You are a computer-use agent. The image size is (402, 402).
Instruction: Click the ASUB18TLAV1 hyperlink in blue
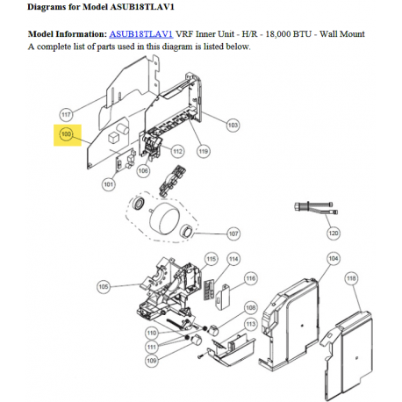click(x=141, y=34)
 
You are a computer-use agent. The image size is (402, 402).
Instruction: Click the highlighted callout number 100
click(x=66, y=134)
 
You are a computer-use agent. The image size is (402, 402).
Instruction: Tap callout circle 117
click(x=66, y=114)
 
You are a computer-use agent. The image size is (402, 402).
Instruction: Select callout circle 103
click(x=233, y=126)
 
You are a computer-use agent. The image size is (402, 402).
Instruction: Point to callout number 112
click(x=177, y=151)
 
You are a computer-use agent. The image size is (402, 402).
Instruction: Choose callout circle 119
click(x=204, y=151)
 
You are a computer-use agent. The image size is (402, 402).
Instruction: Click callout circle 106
click(x=143, y=170)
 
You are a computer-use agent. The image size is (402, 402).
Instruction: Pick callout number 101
click(x=109, y=184)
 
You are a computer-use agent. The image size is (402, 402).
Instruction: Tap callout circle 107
click(x=233, y=233)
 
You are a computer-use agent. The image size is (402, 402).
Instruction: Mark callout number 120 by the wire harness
click(x=334, y=233)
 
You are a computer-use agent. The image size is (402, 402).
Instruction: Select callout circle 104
click(x=334, y=259)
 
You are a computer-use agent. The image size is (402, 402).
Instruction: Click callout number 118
click(x=351, y=278)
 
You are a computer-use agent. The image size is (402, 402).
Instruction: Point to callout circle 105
click(x=104, y=287)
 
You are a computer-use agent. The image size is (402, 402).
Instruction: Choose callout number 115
click(x=212, y=259)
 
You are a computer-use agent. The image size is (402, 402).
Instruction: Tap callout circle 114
click(x=233, y=259)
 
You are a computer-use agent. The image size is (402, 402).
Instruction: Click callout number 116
click(x=251, y=278)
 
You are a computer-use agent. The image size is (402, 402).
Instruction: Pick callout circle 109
click(x=152, y=361)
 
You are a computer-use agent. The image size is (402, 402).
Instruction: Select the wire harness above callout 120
click(x=316, y=207)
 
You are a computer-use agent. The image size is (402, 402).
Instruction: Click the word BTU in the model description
click(x=302, y=34)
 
